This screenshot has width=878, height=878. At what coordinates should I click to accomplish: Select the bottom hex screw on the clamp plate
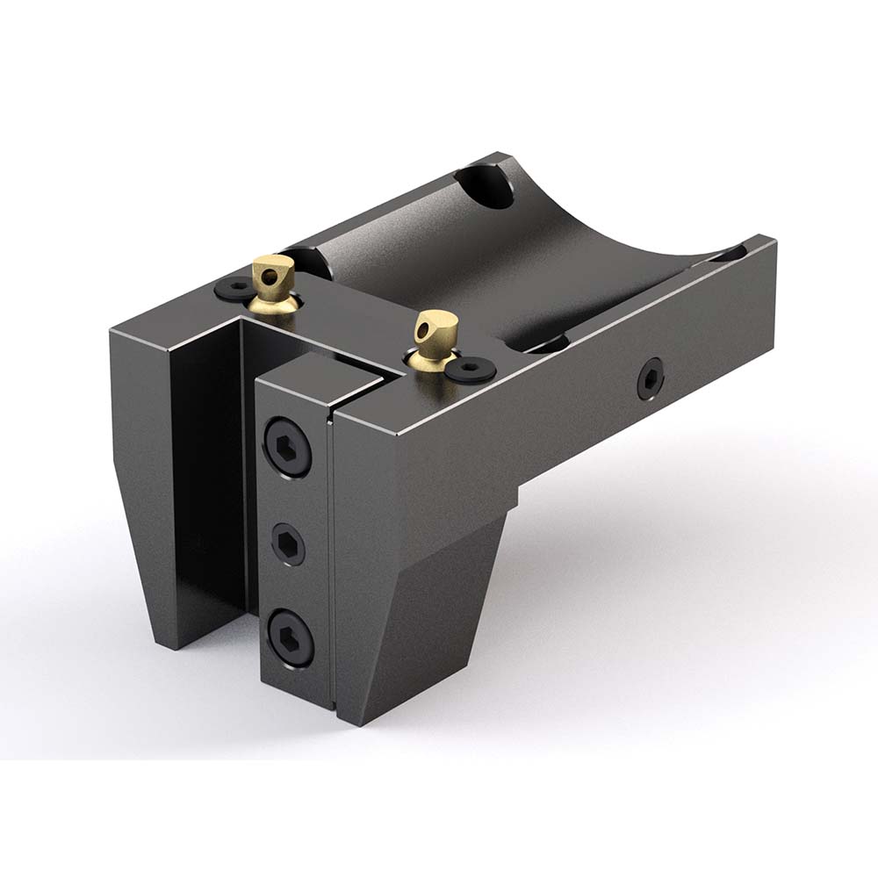(290, 637)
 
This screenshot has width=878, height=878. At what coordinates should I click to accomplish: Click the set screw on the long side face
(650, 378)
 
